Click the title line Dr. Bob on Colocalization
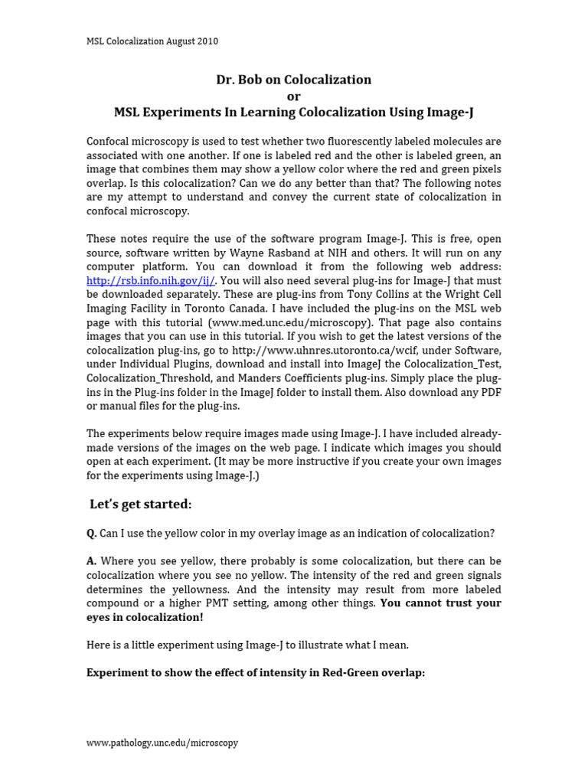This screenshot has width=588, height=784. coord(294,80)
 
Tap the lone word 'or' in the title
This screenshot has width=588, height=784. coord(294,96)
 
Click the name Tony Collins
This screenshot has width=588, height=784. coord(360,295)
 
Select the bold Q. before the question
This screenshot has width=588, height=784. coord(92,533)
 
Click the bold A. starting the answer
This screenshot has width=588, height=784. coord(92,561)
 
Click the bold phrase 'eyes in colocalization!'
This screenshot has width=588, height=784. coord(145,616)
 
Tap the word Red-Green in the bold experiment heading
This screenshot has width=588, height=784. coord(320,672)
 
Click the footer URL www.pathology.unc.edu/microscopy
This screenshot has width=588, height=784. coord(162,743)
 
